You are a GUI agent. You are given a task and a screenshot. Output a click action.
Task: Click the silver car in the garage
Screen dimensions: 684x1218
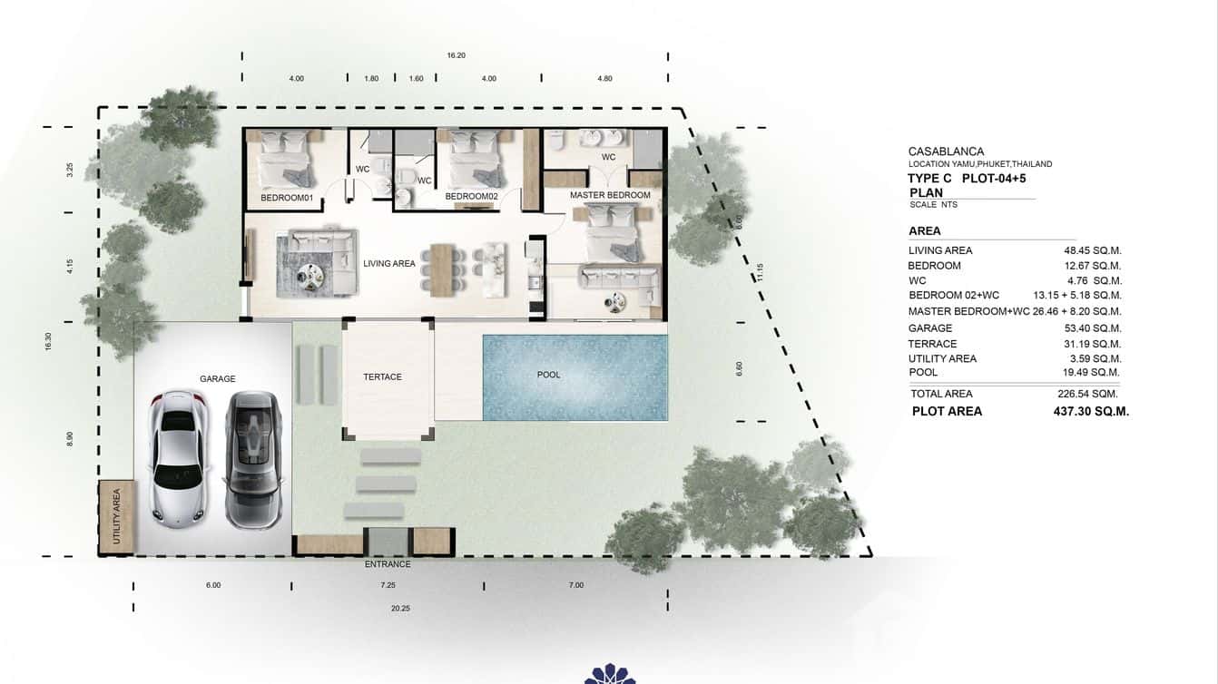pyautogui.click(x=179, y=460)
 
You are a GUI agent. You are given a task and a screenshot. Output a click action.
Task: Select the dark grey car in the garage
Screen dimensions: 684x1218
pyautogui.click(x=253, y=460)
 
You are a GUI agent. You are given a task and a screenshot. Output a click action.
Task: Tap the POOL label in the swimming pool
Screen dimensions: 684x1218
pyautogui.click(x=548, y=375)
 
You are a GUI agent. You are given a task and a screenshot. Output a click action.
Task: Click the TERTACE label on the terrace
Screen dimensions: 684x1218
pyautogui.click(x=382, y=376)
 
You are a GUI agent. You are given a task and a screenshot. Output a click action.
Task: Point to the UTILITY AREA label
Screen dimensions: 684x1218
pyautogui.click(x=116, y=517)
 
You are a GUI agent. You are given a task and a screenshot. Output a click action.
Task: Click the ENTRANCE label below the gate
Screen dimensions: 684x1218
pyautogui.click(x=388, y=564)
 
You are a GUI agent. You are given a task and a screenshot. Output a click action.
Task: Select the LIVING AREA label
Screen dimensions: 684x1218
pyautogui.click(x=388, y=264)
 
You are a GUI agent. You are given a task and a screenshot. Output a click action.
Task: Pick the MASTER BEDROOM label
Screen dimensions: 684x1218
pyautogui.click(x=610, y=195)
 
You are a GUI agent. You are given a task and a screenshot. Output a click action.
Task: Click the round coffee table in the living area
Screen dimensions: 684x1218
pyautogui.click(x=313, y=273)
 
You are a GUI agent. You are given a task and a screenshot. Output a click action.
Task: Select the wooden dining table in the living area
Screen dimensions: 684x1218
pyautogui.click(x=442, y=269)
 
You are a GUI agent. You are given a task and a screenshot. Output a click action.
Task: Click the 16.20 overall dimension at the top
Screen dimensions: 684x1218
pyautogui.click(x=456, y=55)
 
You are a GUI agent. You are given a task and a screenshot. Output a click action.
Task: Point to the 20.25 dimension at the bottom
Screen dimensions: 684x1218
pyautogui.click(x=400, y=609)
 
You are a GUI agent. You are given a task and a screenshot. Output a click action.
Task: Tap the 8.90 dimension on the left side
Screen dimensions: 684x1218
pyautogui.click(x=70, y=439)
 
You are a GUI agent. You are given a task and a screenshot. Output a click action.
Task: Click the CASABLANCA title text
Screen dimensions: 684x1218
pyautogui.click(x=946, y=151)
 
